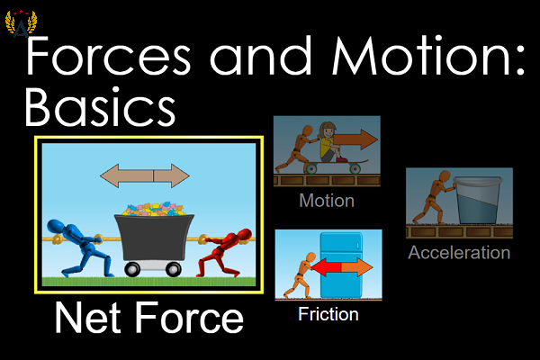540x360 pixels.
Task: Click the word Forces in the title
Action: click(x=108, y=56)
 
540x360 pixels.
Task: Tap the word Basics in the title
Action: click(x=100, y=107)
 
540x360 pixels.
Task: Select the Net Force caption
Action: click(x=149, y=317)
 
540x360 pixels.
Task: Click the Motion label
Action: click(x=327, y=201)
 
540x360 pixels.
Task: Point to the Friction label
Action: click(x=328, y=314)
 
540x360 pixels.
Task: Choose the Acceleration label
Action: click(x=459, y=253)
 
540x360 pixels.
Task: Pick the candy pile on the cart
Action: click(x=154, y=210)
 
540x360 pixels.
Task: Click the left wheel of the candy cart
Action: click(x=132, y=269)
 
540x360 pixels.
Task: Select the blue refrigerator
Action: click(x=342, y=265)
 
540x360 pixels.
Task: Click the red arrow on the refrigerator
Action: click(x=326, y=267)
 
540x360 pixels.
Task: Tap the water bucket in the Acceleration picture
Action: click(x=477, y=201)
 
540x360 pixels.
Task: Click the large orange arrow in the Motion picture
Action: click(x=355, y=139)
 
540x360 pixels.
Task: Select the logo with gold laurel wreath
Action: click(x=21, y=23)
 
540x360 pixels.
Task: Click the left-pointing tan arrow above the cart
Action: click(x=127, y=175)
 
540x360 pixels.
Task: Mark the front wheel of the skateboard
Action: click(x=355, y=168)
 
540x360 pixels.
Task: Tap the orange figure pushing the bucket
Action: click(x=433, y=197)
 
